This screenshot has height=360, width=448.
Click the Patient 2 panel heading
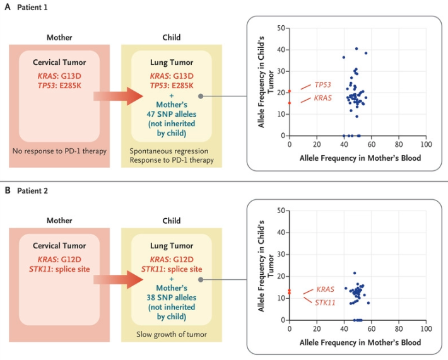click(26, 189)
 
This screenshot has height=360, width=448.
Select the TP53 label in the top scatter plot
click(323, 84)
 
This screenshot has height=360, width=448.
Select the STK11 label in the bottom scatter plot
click(326, 303)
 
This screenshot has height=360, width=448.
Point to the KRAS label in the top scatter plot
click(323, 98)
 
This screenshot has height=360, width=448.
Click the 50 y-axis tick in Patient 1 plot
click(282, 28)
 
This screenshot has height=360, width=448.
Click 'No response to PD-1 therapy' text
click(59, 151)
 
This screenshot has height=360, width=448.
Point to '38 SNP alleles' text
click(167, 298)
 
